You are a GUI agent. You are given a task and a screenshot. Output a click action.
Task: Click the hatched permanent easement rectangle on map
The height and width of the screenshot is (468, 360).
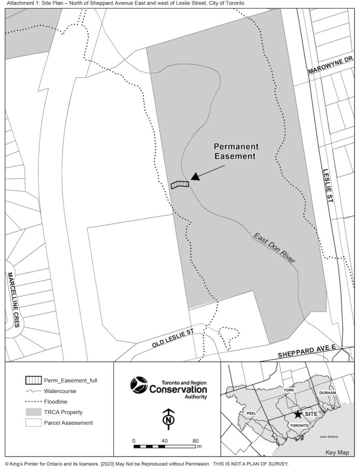(x=180, y=184)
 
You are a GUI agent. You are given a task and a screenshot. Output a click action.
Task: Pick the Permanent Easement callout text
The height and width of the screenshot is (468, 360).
(x=236, y=151)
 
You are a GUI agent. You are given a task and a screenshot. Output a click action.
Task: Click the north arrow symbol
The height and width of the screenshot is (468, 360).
(x=169, y=418)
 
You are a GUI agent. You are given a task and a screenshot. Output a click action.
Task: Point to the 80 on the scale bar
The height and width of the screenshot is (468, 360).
(x=195, y=441)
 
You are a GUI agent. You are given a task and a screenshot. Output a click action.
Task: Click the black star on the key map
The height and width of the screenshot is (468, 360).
(x=298, y=414)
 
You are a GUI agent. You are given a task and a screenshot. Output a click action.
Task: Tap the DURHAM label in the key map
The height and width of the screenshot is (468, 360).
(x=328, y=393)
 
